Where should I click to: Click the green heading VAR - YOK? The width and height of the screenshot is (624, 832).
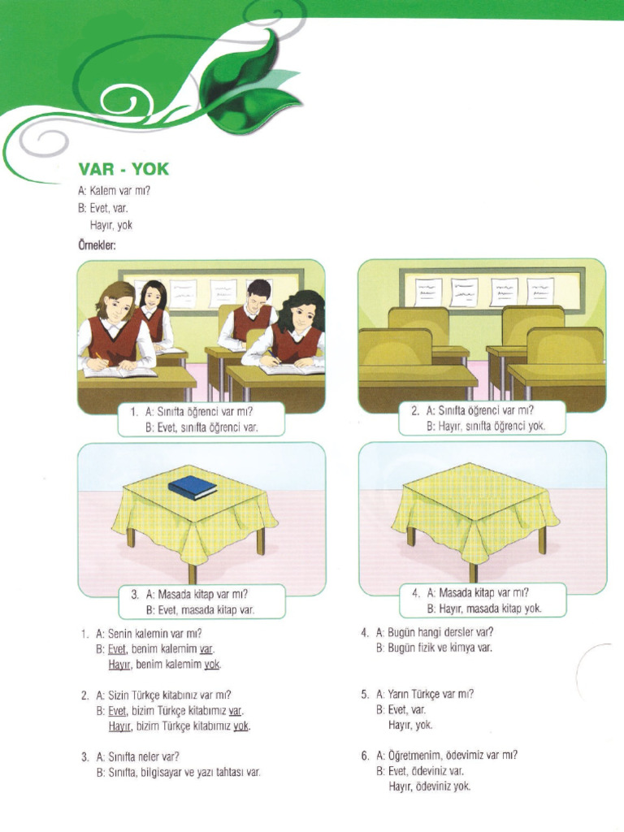[123, 171]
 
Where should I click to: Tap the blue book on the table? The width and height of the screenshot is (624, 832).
[193, 487]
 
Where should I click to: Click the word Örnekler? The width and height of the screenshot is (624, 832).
[97, 243]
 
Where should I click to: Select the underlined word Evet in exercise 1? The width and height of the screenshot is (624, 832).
[118, 648]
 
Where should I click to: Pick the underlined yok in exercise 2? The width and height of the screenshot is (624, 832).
[241, 726]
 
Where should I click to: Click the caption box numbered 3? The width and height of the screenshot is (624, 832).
[193, 602]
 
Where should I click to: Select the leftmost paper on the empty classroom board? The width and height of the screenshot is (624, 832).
[427, 291]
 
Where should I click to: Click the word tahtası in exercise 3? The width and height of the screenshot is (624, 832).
[226, 772]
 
